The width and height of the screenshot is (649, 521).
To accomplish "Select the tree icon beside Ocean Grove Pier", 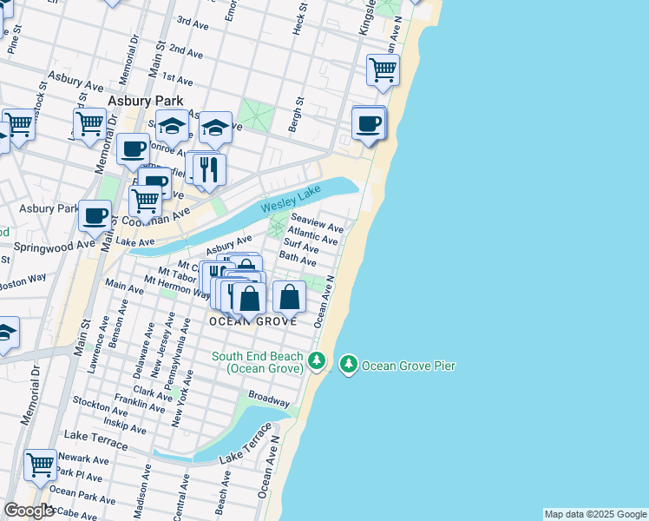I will click(349, 365).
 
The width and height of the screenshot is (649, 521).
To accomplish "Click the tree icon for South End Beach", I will click(317, 360).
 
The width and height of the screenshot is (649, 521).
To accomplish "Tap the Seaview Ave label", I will click(317, 222).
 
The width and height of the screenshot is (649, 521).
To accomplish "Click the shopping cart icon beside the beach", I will click(383, 69).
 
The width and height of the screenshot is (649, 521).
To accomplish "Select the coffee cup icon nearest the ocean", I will click(369, 123).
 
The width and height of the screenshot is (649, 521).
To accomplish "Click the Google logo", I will click(29, 511).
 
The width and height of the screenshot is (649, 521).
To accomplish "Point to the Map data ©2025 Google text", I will click(595, 514).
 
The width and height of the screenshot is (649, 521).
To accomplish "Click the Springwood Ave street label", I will click(47, 246).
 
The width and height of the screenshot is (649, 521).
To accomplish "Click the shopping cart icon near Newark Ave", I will click(40, 465).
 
